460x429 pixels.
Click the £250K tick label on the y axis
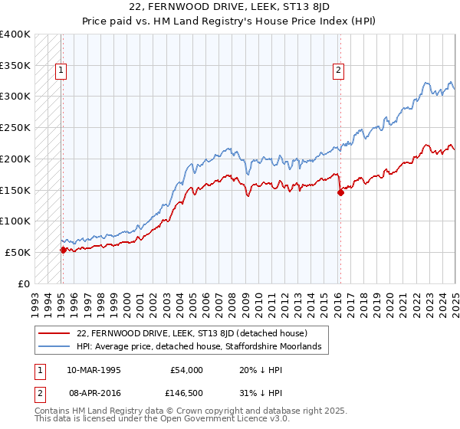pyautogui.click(x=15, y=127)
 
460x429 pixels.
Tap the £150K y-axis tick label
pyautogui.click(x=15, y=189)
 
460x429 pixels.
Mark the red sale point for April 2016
pyautogui.click(x=340, y=193)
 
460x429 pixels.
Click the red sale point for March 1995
pyautogui.click(x=63, y=250)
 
